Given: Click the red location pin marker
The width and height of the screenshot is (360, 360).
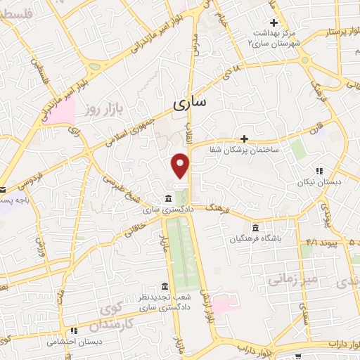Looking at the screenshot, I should (x=181, y=166).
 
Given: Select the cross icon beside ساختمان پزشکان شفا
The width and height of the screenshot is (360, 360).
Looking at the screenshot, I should (x=245, y=139).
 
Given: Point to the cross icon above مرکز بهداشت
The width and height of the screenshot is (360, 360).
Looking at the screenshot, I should (x=274, y=23).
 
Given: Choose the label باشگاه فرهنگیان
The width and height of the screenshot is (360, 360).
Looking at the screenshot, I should (x=255, y=238).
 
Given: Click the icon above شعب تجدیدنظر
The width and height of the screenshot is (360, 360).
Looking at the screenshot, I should (x=164, y=286).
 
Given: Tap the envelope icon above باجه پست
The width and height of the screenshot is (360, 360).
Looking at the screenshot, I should (x=2, y=190).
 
